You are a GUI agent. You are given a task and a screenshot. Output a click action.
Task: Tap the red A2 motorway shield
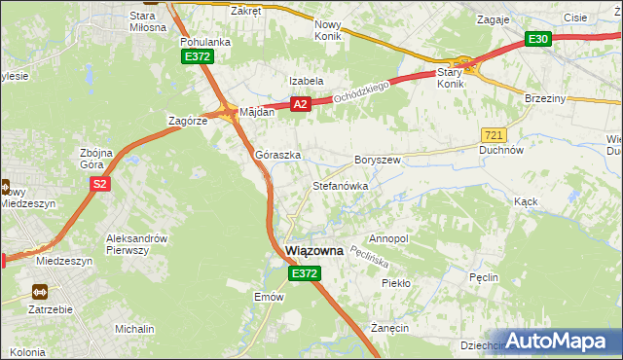tap(300, 104)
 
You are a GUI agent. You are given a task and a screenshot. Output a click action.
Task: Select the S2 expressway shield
tap(98, 183)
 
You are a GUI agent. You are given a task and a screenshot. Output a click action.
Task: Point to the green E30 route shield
tap(538, 39)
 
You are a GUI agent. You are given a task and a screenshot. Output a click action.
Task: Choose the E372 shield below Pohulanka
tap(198, 57)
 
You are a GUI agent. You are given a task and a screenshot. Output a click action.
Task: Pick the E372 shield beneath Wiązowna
tap(302, 274)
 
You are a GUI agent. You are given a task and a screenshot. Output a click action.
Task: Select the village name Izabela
tap(305, 81)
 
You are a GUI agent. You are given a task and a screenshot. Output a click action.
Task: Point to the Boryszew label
tap(378, 159)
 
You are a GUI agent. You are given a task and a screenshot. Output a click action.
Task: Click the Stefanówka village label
tap(339, 184)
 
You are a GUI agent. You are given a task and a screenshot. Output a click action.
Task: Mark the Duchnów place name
tap(502, 151)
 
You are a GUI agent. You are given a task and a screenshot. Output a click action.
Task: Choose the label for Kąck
tap(526, 200)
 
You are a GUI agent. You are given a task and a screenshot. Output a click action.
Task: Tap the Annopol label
tap(389, 238)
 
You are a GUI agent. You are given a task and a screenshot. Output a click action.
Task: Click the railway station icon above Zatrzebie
tap(41, 291)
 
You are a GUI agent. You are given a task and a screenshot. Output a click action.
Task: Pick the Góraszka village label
tap(277, 155)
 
